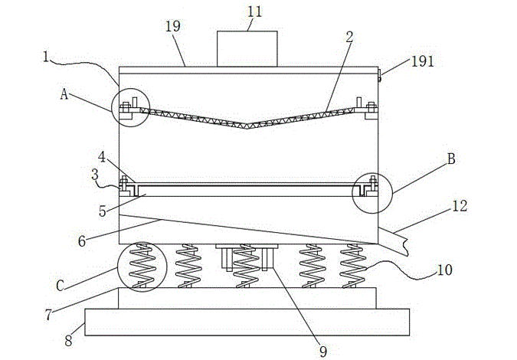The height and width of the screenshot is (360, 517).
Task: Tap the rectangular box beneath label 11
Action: coord(247,48)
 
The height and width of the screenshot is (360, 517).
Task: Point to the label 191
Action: coord(421,61)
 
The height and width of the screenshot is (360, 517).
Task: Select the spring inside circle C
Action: coord(140,267)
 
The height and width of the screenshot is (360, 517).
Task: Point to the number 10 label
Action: coord(444,270)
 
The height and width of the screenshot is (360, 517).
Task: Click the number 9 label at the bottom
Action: coord(323,351)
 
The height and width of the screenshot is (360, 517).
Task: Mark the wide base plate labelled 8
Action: coord(247,322)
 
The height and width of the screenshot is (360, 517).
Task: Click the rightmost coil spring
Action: coord(353,267)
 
